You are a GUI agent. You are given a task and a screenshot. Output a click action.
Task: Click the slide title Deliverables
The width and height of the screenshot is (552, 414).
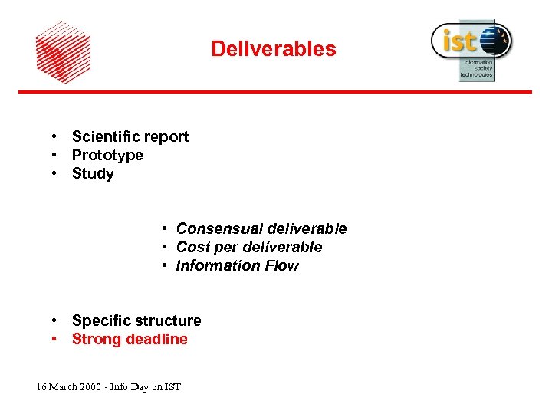coord(274,49)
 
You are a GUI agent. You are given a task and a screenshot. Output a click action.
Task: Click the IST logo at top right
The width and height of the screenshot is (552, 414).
coord(471,48)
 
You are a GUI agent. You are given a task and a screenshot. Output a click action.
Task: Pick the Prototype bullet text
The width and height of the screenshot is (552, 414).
coord(107,156)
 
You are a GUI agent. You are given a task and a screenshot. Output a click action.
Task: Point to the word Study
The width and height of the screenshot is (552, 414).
coord(93,174)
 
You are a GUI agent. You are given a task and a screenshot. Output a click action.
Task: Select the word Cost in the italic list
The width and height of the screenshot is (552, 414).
coord(192,247)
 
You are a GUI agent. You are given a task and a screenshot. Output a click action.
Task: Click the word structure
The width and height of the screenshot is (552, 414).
coord(168,320)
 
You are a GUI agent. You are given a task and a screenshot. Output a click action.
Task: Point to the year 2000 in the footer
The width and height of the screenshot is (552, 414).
coord(90,387)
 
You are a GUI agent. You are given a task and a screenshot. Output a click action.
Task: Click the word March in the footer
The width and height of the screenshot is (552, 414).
coord(63,387)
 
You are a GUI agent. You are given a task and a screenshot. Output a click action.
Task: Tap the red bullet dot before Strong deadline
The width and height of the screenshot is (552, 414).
coord(56,339)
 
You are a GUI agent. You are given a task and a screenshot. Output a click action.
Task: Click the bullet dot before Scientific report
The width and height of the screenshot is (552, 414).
coord(56,136)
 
